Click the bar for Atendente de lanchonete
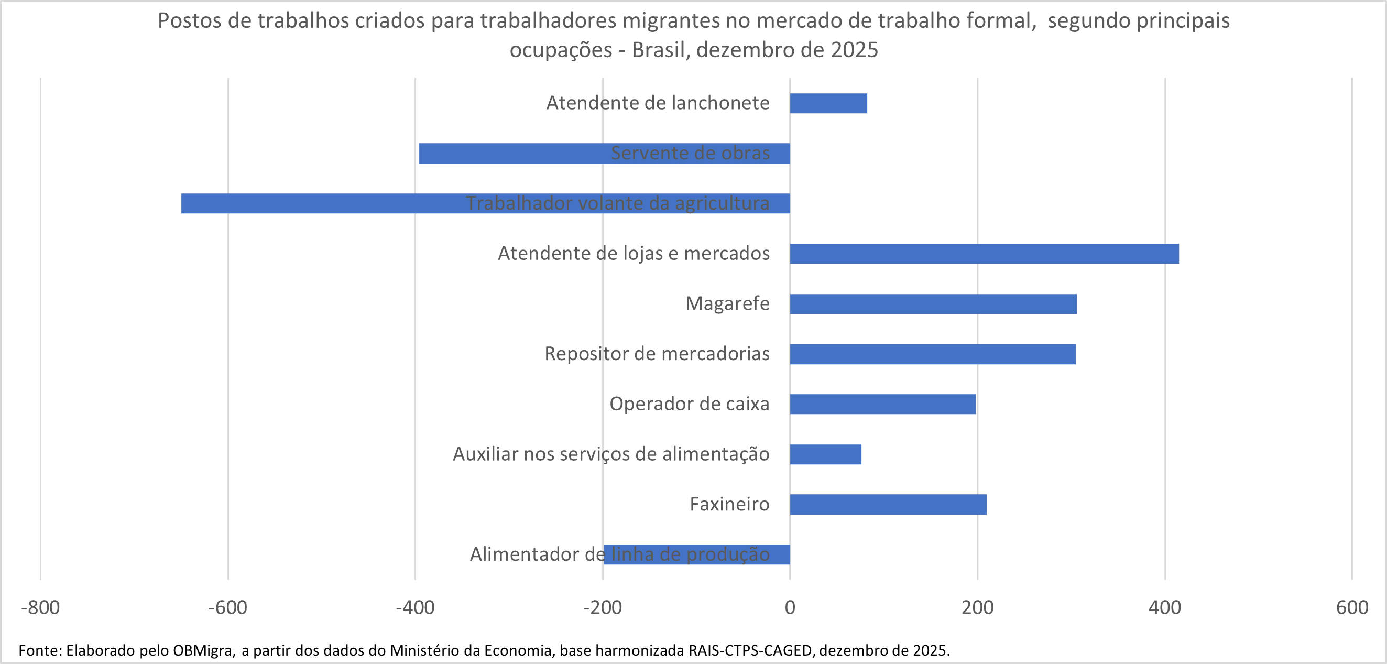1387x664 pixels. coord(828,103)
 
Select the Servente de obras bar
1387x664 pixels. coord(511,154)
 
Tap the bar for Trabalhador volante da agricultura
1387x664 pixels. coord(323,203)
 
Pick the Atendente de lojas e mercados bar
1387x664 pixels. coord(984,254)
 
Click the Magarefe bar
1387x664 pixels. coord(933,304)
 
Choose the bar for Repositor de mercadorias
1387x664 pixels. coord(933,354)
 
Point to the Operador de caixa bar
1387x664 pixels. coord(882,404)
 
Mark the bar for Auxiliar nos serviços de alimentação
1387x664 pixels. coord(825,454)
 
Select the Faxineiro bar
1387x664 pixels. coord(888,504)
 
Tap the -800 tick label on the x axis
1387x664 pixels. coord(40,607)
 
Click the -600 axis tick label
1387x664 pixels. coord(228,607)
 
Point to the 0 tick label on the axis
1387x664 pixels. coord(790,607)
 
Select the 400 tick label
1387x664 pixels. coord(1165,607)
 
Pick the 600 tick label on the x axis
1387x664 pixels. coord(1352,607)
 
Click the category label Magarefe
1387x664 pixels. coord(727,304)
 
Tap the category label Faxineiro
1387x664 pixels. coord(729,504)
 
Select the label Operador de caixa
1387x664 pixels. coord(689,404)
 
